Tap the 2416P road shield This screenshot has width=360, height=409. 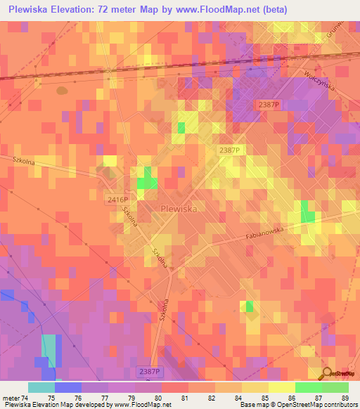click(x=117, y=200)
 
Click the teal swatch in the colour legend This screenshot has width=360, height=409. click(x=41, y=387)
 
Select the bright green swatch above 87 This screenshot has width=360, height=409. click(x=309, y=387)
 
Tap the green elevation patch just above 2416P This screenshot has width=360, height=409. click(x=147, y=180)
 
